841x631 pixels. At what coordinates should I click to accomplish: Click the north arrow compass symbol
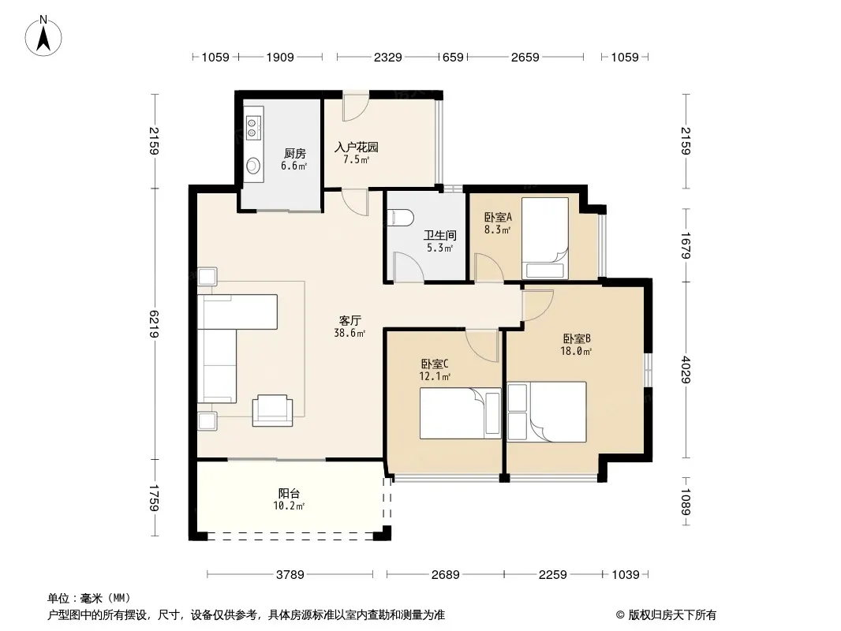(x=43, y=36)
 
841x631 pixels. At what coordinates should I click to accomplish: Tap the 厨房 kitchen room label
(x=294, y=153)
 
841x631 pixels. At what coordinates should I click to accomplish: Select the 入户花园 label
(x=356, y=147)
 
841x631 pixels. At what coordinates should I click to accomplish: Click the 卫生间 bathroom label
(x=439, y=235)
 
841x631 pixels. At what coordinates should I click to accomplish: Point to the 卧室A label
(x=498, y=217)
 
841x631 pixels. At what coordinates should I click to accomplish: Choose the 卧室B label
(x=577, y=339)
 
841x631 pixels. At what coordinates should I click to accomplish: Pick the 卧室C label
(x=435, y=364)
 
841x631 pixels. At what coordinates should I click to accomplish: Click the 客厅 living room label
(x=349, y=320)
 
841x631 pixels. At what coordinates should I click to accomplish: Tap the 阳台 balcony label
(x=289, y=493)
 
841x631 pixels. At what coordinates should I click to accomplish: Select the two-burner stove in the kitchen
(x=252, y=128)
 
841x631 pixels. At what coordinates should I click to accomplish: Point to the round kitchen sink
(x=252, y=166)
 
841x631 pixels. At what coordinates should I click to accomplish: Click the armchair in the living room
(x=272, y=410)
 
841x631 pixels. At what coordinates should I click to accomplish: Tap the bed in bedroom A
(x=545, y=238)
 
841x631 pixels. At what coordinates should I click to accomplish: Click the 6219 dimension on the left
(x=155, y=324)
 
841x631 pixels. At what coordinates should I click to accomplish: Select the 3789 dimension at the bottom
(x=290, y=575)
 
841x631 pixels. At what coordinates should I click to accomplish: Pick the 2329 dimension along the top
(x=388, y=57)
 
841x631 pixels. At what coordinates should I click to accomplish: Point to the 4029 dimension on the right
(x=686, y=370)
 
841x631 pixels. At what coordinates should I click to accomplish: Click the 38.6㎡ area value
(x=349, y=333)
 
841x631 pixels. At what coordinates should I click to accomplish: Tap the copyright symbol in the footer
(x=620, y=615)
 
